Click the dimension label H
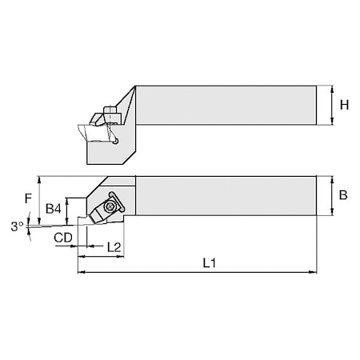(x=344, y=105)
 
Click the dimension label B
(x=343, y=194)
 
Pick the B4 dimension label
(x=54, y=209)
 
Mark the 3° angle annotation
(x=17, y=227)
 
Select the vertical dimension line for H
(x=330, y=105)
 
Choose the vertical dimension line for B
(x=330, y=194)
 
